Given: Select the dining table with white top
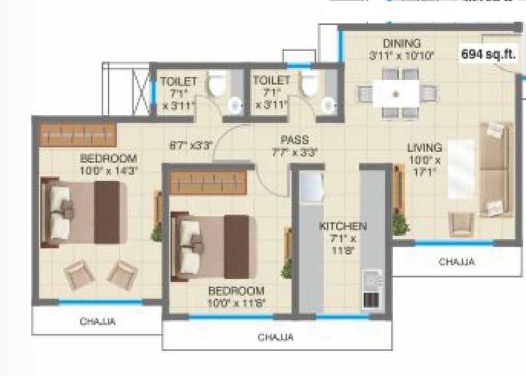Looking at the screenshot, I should coord(396,93).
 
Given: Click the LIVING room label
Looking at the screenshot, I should coord(424,147).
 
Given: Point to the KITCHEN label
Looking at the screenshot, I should coord(342,226).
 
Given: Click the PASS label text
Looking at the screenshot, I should coord(295,140).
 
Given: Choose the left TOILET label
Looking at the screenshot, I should coord(174,81).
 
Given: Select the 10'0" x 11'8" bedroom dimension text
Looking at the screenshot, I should coord(237,302).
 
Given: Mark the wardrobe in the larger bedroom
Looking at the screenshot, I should coord(77,134).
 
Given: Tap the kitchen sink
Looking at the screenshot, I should coord(309,186).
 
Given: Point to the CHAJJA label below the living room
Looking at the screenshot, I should coord(456,262).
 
